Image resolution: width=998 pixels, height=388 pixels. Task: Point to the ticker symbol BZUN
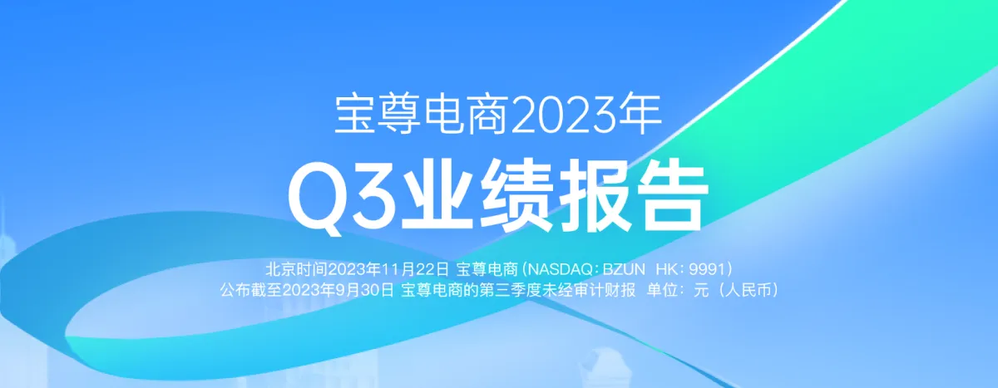click(x=624, y=268)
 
